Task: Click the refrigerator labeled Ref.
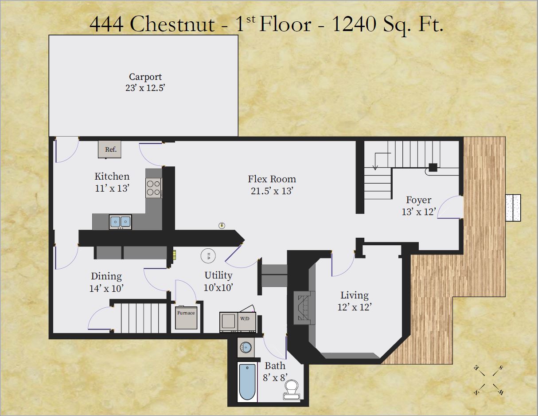click(x=110, y=149)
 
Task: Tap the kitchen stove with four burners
click(x=154, y=188)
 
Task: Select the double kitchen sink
click(x=120, y=221)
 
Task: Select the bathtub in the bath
click(x=247, y=381)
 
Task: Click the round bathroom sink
click(x=245, y=347)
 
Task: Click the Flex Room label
click(x=272, y=179)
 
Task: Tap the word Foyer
click(x=418, y=200)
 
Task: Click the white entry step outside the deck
click(x=514, y=208)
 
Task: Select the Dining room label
click(x=106, y=276)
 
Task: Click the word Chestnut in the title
click(x=172, y=24)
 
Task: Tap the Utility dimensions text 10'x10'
click(x=218, y=287)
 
